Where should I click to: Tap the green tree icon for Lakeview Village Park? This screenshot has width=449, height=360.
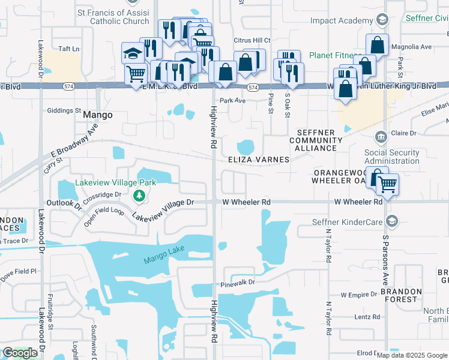click(x=139, y=196)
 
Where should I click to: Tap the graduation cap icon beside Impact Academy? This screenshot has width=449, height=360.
click(x=381, y=20)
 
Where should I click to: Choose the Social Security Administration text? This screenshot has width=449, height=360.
click(x=391, y=157)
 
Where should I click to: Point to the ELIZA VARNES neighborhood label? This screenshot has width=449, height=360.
click(x=259, y=160)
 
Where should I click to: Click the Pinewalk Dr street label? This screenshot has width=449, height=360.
click(x=238, y=283)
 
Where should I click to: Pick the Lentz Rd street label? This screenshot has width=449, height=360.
click(x=367, y=317)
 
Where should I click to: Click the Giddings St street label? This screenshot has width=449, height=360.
click(x=64, y=110)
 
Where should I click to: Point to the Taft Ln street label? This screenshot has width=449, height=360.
click(x=68, y=48)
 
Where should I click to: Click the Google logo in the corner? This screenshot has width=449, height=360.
click(x=20, y=353)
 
